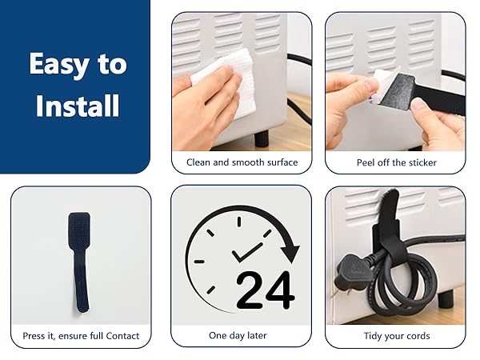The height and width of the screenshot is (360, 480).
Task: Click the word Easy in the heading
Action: pos(58,64)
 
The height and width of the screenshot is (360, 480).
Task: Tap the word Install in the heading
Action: pos(77,105)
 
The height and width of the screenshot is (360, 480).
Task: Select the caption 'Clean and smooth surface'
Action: pos(242,162)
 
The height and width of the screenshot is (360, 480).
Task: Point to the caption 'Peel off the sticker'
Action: pos(397,162)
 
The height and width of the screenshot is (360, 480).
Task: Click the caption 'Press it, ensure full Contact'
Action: pos(81,336)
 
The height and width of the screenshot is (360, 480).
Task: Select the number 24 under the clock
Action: pos(266,290)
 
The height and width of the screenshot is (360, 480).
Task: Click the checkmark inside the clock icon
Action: pos(246,253)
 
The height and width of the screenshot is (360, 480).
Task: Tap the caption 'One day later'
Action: pos(238,335)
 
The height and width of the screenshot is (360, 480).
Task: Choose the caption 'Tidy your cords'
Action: pos(397,336)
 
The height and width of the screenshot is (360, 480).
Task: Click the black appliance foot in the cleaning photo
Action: pos(262,138)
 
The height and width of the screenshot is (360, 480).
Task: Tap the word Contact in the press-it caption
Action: pos(122,336)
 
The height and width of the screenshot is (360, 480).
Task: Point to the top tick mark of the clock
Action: pos(239,222)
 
